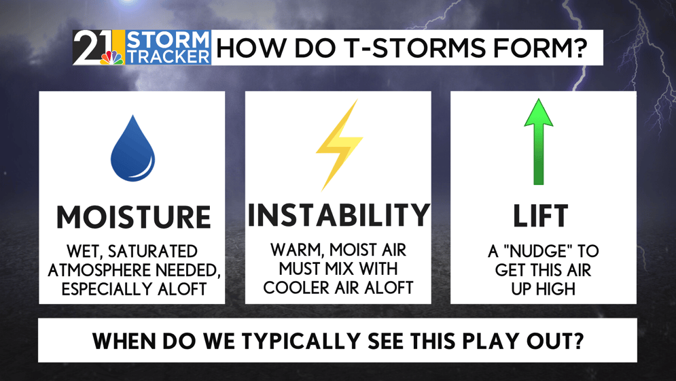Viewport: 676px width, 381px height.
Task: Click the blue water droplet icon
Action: [132, 148]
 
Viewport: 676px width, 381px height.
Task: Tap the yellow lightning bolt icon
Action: [339, 146]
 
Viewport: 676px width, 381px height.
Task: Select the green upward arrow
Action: [539, 142]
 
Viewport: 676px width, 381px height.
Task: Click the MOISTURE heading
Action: [133, 216]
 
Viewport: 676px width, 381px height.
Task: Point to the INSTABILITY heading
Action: [338, 215]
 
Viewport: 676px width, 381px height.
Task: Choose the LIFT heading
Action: [540, 216]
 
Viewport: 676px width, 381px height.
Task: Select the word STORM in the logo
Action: [168, 40]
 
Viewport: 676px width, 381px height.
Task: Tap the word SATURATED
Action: [153, 251]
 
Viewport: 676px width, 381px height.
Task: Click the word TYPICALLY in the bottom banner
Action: [302, 342]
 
